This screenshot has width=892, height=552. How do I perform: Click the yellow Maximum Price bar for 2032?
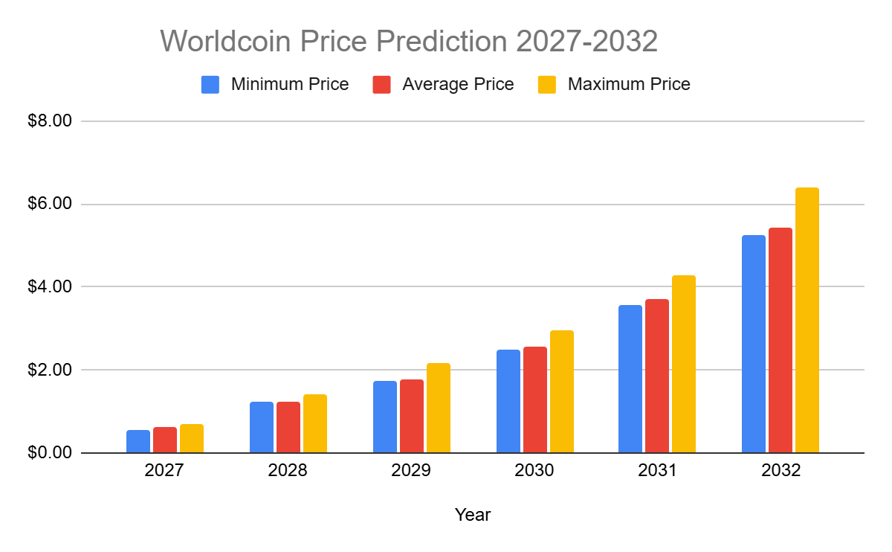tap(807, 320)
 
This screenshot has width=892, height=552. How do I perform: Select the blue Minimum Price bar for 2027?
tap(138, 441)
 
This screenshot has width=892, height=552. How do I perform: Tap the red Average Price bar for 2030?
tap(534, 399)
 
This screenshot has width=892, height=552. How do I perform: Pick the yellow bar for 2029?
tap(438, 408)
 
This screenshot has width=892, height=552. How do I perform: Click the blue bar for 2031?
tap(630, 379)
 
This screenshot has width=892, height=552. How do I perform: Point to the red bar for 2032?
tap(780, 340)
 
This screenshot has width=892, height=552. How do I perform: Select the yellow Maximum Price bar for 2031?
tap(683, 364)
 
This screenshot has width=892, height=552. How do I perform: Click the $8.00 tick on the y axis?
tap(49, 121)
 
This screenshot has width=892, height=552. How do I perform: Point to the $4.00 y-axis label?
tap(49, 287)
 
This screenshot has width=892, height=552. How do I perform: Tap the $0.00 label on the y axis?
tap(49, 453)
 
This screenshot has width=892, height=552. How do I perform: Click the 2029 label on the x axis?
tap(411, 472)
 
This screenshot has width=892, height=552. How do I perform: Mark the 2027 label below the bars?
tap(164, 472)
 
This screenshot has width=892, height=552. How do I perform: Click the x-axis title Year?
tap(473, 514)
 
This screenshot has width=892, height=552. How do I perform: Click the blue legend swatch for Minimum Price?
tap(210, 85)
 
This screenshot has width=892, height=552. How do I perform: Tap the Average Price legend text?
tap(458, 85)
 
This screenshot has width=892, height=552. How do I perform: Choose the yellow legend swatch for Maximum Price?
tap(546, 85)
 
